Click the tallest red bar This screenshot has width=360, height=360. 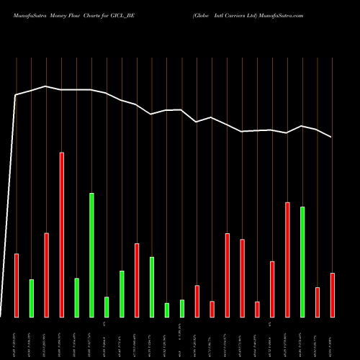[x=62, y=235]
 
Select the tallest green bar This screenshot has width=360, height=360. [x=91, y=255]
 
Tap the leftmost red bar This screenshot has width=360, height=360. [x=17, y=285]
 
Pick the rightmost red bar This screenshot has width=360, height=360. [x=333, y=295]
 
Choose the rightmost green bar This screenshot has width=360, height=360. [x=302, y=262]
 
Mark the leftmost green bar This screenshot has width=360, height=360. [x=32, y=298]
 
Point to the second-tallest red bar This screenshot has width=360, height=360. [x=287, y=259]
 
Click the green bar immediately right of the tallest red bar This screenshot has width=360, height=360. [x=77, y=297]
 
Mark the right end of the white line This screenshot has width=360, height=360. [x=331, y=137]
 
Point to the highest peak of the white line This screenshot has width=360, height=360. [x=46, y=86]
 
